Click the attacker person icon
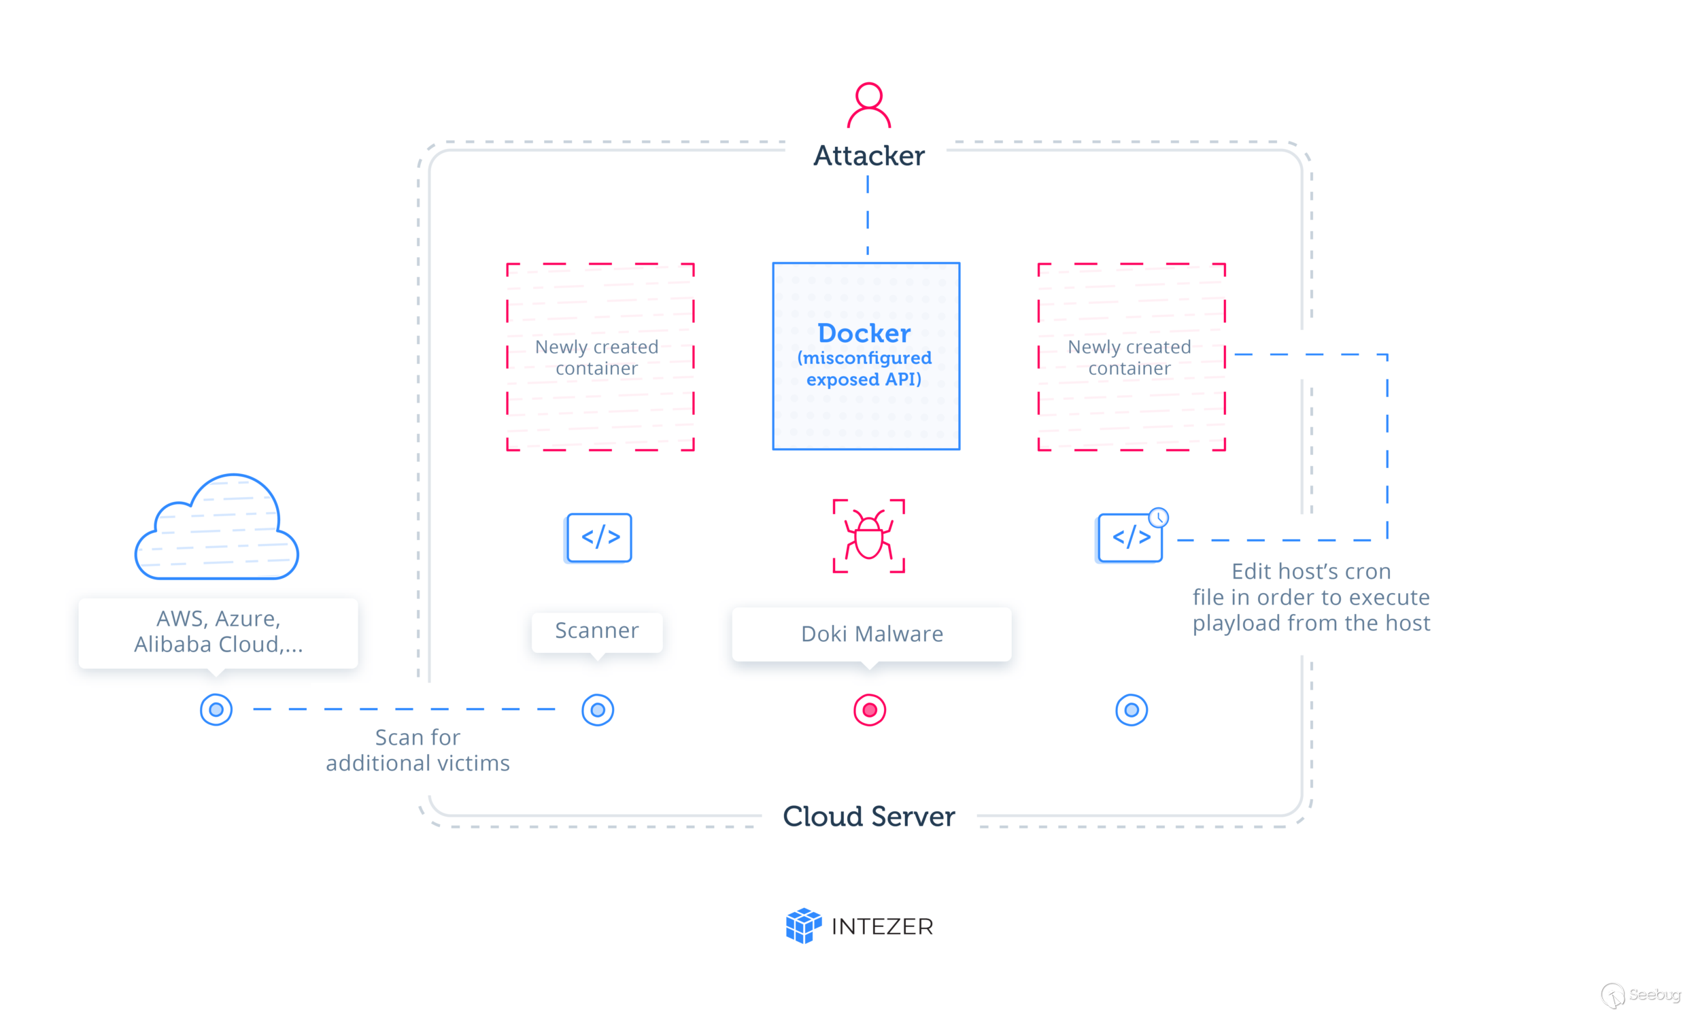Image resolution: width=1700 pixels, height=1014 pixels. pos(869,105)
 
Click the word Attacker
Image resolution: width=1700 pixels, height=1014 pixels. pos(869,156)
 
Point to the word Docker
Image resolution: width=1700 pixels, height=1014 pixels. pos(864,333)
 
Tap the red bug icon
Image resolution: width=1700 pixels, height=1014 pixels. pos(869,537)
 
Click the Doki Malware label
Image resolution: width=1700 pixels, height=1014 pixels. pos(872,634)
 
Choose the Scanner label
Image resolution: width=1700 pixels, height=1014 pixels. pos(597,630)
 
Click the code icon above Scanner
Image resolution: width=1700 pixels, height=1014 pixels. pos(599,538)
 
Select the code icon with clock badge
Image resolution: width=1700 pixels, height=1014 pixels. pos(1130,539)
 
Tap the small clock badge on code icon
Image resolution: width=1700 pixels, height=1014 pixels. pos(1158,518)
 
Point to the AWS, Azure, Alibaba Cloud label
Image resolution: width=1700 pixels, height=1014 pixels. pos(218,632)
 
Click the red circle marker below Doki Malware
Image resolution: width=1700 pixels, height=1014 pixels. pos(870,710)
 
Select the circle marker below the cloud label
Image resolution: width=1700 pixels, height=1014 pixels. pos(216,710)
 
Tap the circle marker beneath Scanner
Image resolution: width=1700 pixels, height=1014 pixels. pos(598,710)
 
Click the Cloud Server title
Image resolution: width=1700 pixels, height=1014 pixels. pos(869,817)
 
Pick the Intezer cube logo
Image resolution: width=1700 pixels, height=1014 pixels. pos(803,926)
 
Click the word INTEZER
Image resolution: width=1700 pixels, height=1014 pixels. pos(882,926)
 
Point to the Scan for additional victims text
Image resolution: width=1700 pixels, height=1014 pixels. pos(418,750)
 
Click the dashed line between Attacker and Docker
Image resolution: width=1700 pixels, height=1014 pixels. pos(868,219)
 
